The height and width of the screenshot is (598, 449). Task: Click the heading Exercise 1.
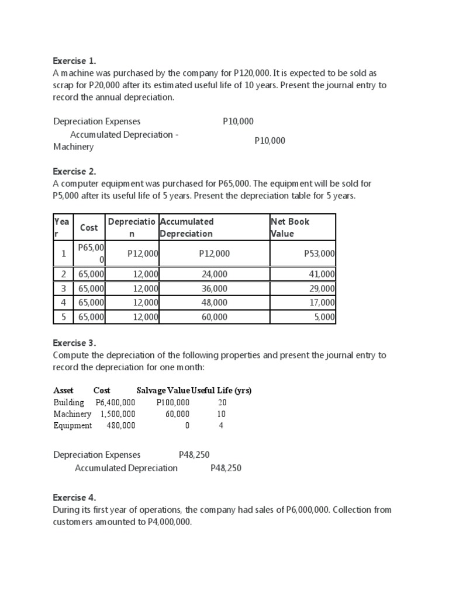[74, 60]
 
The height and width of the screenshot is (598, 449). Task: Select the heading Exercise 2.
[74, 171]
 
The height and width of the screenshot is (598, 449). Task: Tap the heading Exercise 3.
[74, 343]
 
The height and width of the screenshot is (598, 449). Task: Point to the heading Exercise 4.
[74, 498]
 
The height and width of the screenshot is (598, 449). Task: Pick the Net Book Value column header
[290, 227]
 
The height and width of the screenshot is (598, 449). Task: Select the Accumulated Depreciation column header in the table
[187, 227]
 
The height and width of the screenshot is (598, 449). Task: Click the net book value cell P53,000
[319, 253]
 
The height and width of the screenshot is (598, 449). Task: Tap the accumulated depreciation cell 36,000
[215, 288]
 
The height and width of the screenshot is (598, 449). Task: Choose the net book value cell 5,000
[324, 317]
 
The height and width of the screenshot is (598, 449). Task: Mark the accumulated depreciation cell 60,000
[215, 317]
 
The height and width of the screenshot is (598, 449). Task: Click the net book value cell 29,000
[322, 288]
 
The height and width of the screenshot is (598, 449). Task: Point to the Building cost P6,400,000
[115, 402]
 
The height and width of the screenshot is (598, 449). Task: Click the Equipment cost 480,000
[120, 425]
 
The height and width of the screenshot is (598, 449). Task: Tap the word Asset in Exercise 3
[63, 391]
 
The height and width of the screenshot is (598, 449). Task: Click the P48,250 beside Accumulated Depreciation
[226, 468]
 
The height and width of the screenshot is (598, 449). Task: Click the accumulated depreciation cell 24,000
[215, 273]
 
